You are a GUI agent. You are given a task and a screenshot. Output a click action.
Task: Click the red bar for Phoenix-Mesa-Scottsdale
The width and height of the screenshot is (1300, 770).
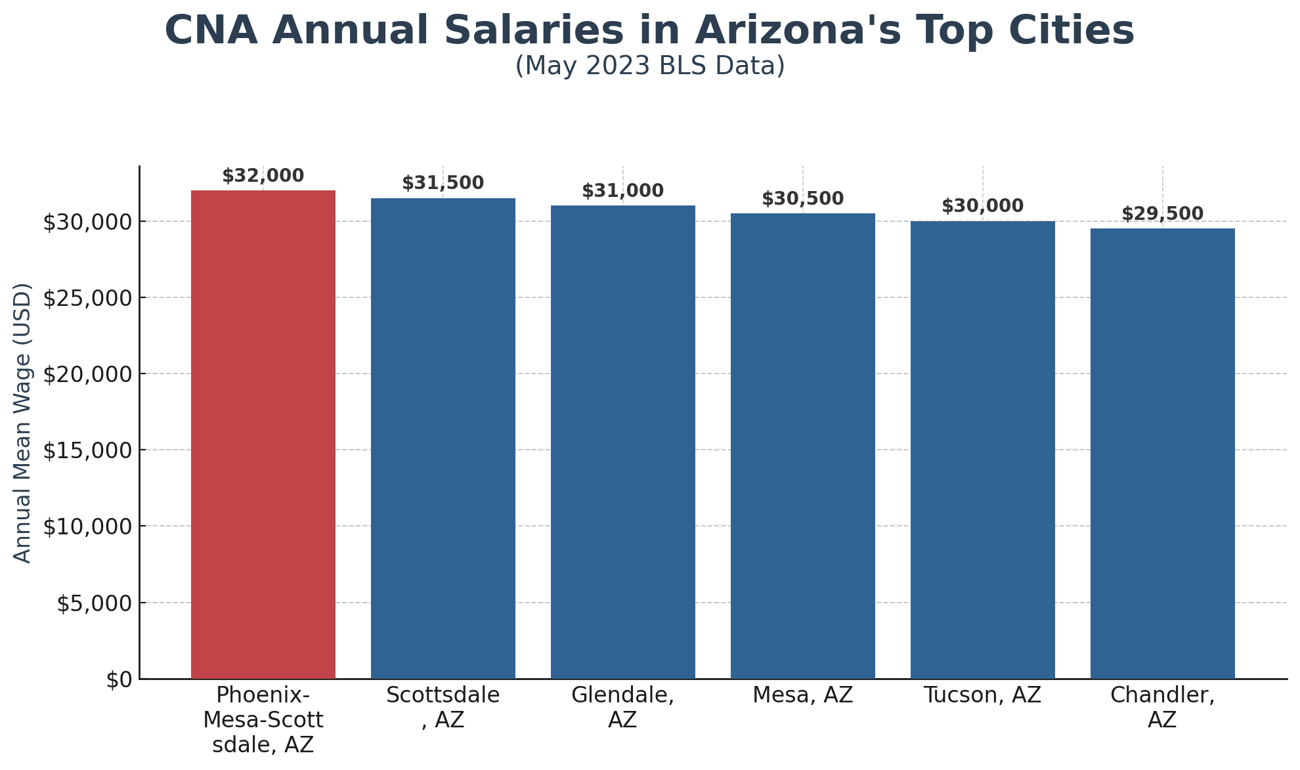(x=263, y=433)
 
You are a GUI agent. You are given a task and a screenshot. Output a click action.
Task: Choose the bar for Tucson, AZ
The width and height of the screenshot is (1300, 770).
(x=982, y=449)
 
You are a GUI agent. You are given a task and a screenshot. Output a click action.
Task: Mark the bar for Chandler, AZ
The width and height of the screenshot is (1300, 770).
(x=1162, y=453)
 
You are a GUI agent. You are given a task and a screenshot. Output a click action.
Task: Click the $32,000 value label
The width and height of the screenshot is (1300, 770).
(x=263, y=176)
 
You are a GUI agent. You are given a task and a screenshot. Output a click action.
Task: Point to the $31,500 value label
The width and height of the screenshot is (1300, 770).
(x=443, y=183)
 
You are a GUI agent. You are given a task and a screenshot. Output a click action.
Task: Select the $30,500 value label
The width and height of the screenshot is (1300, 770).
(x=802, y=199)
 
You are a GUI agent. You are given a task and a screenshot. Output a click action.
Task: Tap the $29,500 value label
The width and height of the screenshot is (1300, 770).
(x=1162, y=214)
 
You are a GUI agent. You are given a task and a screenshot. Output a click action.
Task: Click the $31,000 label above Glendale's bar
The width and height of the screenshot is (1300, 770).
(x=622, y=191)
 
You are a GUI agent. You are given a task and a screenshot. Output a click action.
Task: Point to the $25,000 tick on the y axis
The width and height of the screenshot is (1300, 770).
(x=87, y=298)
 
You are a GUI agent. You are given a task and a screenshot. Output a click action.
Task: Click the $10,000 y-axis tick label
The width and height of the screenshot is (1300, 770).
(x=87, y=526)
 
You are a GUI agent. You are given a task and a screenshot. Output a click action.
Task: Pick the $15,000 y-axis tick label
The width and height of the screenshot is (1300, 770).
(x=87, y=450)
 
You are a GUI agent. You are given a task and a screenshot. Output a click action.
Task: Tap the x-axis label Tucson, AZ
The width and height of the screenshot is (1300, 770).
(x=982, y=695)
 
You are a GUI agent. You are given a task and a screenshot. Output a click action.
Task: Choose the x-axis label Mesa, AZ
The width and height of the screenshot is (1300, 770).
(x=802, y=695)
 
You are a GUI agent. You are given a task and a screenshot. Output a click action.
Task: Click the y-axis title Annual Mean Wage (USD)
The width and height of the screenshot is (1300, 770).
(x=23, y=423)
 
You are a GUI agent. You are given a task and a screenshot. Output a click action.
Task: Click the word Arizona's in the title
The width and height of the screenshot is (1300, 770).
(x=797, y=31)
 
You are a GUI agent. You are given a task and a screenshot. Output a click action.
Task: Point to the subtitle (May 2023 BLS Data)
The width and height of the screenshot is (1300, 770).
(x=649, y=66)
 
